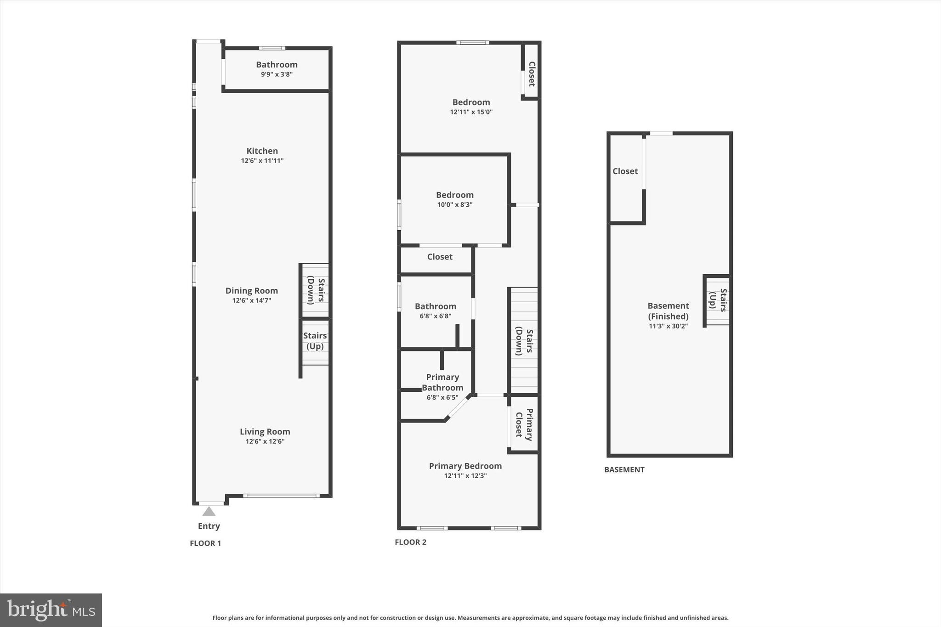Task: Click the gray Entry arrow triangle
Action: tap(209, 511)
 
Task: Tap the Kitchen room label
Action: tap(262, 151)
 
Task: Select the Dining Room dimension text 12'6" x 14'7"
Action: tap(251, 300)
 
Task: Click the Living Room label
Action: tap(265, 432)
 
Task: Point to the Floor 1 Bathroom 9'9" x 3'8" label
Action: tap(277, 69)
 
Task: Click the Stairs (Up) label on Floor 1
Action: tap(315, 341)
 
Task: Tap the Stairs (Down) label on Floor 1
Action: tap(316, 290)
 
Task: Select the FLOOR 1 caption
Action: tap(205, 543)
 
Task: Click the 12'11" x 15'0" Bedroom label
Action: tap(471, 107)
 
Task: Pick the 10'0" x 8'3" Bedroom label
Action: tap(454, 199)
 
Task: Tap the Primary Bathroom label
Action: tap(442, 382)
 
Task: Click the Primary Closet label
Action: tap(524, 424)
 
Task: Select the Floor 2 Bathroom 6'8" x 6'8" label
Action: tap(435, 311)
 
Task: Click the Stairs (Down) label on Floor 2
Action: tap(524, 341)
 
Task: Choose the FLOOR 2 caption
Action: tap(410, 542)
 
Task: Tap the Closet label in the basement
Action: tap(625, 171)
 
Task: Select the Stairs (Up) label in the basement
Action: tap(718, 300)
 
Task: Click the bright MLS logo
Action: tap(51, 610)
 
